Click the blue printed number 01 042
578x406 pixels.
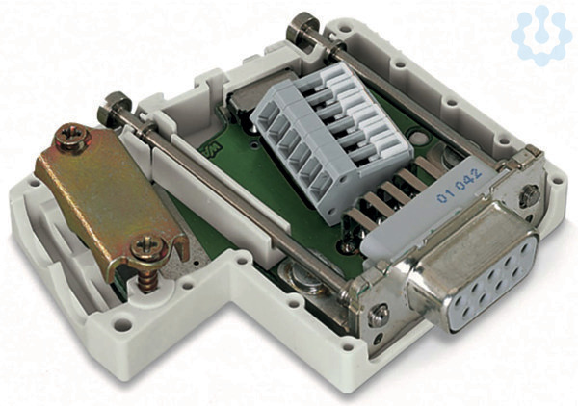coord(460,186)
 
